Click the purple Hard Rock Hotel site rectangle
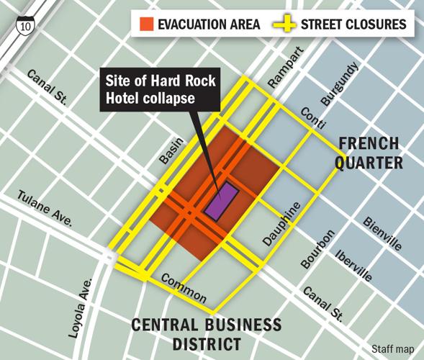pos(221,199)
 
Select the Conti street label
pos(310,115)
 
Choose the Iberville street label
pos(354,266)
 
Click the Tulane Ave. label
pos(44,210)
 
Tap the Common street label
pos(184,288)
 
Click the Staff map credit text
pos(392,348)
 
